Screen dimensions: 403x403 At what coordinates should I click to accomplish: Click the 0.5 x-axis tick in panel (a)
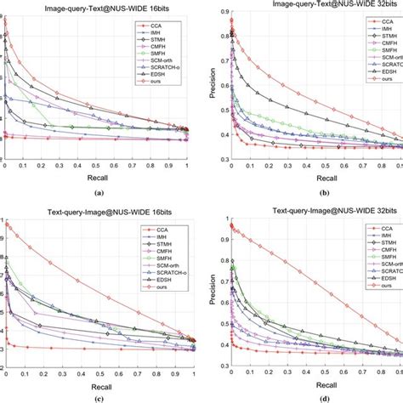click(x=96, y=166)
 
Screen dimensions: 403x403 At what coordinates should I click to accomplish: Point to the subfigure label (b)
click(x=314, y=195)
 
